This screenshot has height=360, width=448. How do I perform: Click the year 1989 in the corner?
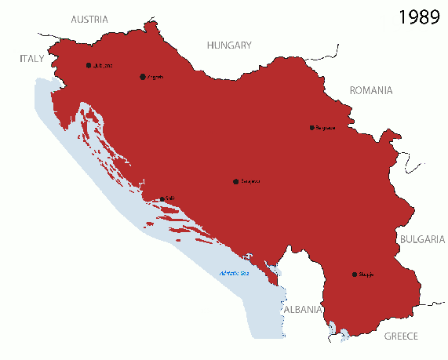pyautogui.click(x=418, y=17)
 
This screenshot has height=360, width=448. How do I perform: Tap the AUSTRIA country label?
pyautogui.click(x=89, y=19)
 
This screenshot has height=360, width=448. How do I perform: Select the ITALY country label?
pyautogui.click(x=32, y=58)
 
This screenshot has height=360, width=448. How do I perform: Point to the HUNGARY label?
pyautogui.click(x=228, y=45)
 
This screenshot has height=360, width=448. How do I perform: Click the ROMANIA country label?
pyautogui.click(x=370, y=90)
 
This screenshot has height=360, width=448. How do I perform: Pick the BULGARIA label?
pyautogui.click(x=422, y=239)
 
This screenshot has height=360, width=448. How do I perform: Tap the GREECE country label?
pyautogui.click(x=401, y=336)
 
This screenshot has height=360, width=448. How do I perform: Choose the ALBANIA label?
pyautogui.click(x=302, y=309)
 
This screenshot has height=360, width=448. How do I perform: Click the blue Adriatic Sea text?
pyautogui.click(x=233, y=274)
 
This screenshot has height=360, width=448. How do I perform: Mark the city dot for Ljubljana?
pyautogui.click(x=89, y=65)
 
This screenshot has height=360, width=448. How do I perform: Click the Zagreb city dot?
pyautogui.click(x=142, y=77)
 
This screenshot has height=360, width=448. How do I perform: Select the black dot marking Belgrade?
pyautogui.click(x=311, y=128)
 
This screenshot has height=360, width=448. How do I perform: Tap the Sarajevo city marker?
pyautogui.click(x=235, y=180)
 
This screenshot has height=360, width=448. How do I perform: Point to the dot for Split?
pyautogui.click(x=162, y=199)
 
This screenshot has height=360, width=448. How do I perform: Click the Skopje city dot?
pyautogui.click(x=355, y=275)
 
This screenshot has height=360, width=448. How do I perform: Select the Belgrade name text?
pyautogui.click(x=326, y=128)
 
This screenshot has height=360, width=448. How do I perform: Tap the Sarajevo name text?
pyautogui.click(x=250, y=180)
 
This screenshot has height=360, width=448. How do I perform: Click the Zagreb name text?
pyautogui.click(x=155, y=77)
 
